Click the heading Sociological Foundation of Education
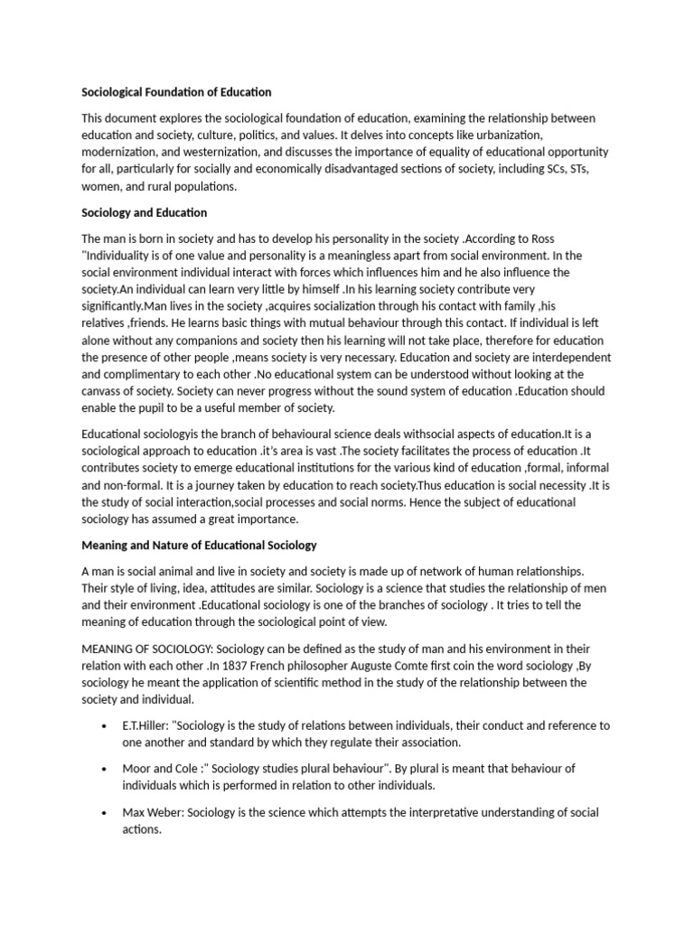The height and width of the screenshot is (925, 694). [x=176, y=92]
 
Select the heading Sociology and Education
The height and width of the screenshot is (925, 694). [x=145, y=212]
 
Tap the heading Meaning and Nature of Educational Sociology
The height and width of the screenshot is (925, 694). [x=199, y=545]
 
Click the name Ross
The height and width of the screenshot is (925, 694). [x=594, y=238]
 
